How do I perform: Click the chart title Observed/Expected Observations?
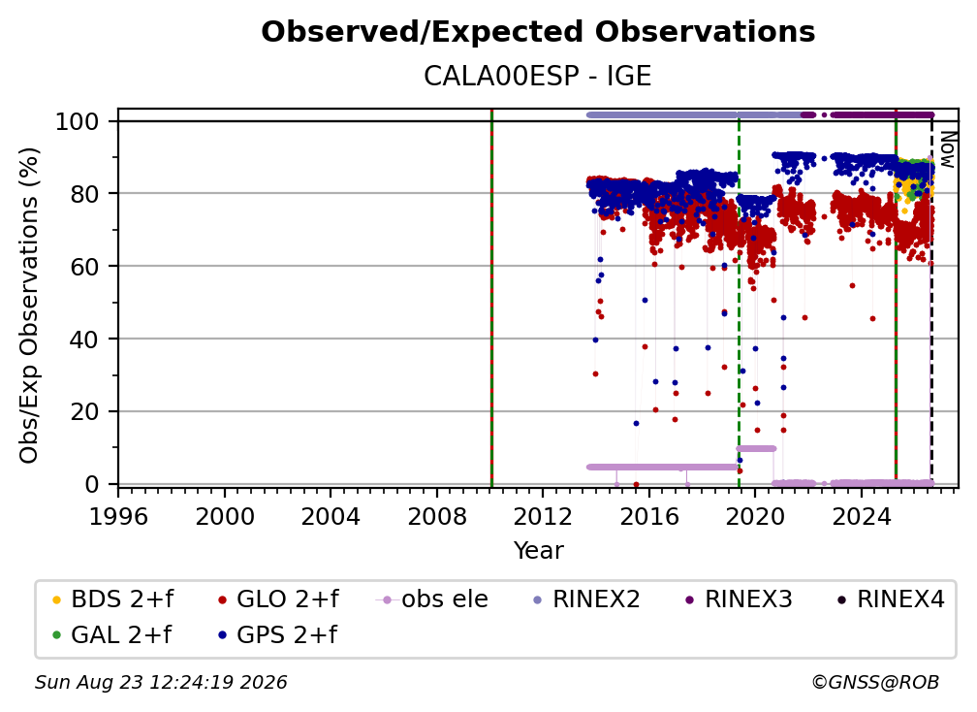[538, 32]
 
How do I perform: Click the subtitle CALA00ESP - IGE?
[538, 77]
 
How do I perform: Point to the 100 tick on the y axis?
[78, 121]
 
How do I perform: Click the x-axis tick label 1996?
[118, 517]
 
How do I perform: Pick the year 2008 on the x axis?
[437, 517]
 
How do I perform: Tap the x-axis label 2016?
[649, 517]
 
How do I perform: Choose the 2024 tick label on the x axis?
[861, 517]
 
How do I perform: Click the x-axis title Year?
[538, 551]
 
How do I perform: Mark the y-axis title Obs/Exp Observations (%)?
[29, 306]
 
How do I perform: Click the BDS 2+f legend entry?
[112, 599]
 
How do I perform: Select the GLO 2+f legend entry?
[278, 599]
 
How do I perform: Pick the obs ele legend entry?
[432, 599]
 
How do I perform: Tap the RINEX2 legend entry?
[587, 599]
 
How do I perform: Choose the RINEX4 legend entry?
[891, 599]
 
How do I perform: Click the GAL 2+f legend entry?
[111, 635]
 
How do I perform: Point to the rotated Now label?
[947, 149]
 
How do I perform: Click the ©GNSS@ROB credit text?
[875, 683]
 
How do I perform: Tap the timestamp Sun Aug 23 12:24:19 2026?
[161, 683]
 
